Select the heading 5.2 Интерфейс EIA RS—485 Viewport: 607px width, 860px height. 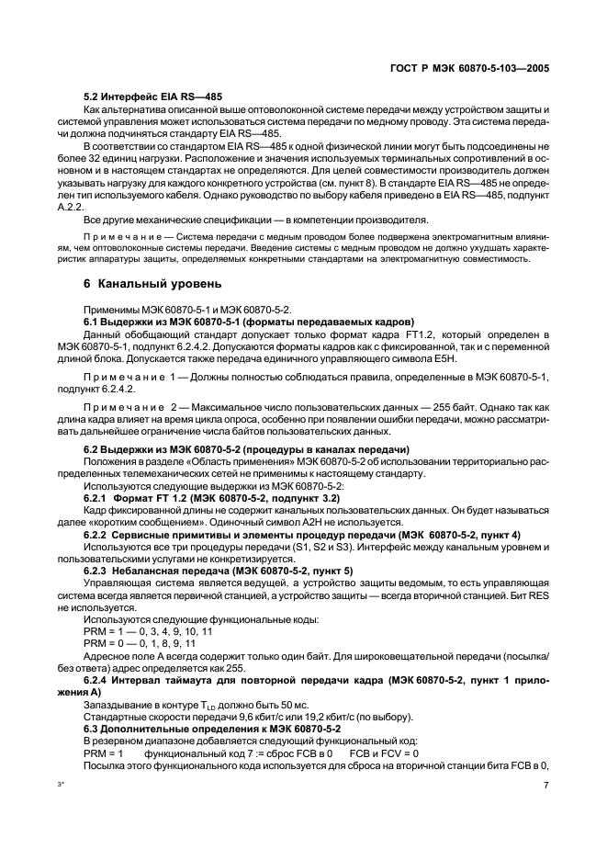pyautogui.click(x=152, y=96)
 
